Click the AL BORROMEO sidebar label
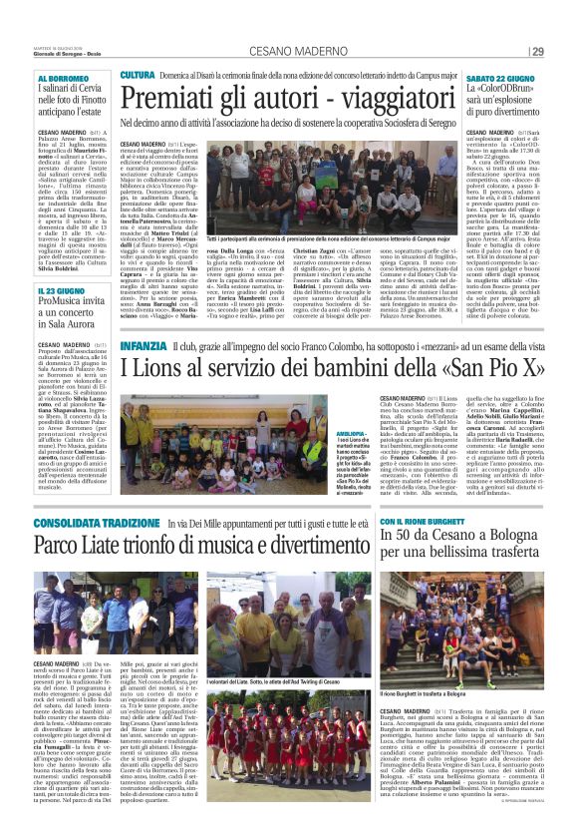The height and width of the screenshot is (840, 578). pyautogui.click(x=64, y=77)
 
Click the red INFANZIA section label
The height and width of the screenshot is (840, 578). pyautogui.click(x=144, y=344)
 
